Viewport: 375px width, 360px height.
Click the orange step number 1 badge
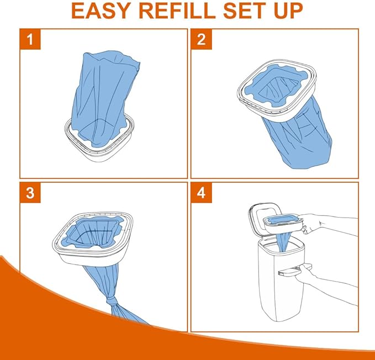coord(30,39)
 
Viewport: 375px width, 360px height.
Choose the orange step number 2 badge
coord(202,39)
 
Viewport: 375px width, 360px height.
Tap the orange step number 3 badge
coord(30,193)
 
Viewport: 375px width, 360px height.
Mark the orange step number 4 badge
coord(202,193)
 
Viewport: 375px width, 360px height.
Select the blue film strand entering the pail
coord(284,241)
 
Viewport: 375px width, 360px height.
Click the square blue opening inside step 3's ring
coord(93,232)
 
